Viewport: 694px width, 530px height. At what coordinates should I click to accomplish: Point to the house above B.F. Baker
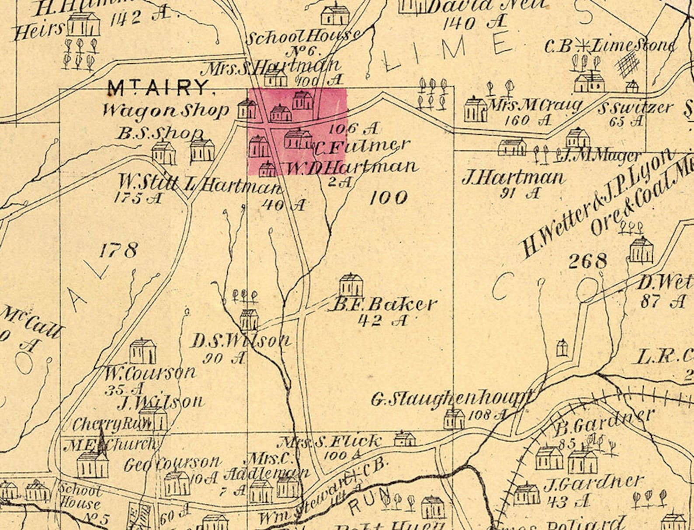(351, 285)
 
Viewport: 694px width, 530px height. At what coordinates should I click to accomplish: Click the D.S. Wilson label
(240, 340)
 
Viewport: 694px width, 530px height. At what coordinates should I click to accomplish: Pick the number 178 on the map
(118, 251)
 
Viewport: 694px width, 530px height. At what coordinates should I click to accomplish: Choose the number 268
(588, 261)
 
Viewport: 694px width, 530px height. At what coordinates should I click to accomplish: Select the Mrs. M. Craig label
(536, 106)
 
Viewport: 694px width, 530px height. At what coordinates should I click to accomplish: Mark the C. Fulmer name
(362, 147)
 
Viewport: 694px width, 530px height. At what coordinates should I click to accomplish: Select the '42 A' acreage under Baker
(382, 321)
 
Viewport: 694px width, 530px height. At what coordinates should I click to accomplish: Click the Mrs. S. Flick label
(330, 442)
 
